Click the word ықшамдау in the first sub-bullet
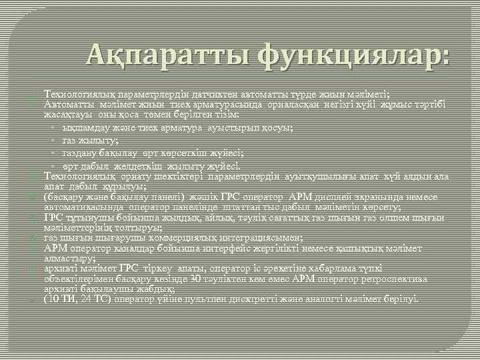(84, 127)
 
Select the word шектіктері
(182, 177)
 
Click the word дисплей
(357, 198)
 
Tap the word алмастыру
(65, 259)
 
